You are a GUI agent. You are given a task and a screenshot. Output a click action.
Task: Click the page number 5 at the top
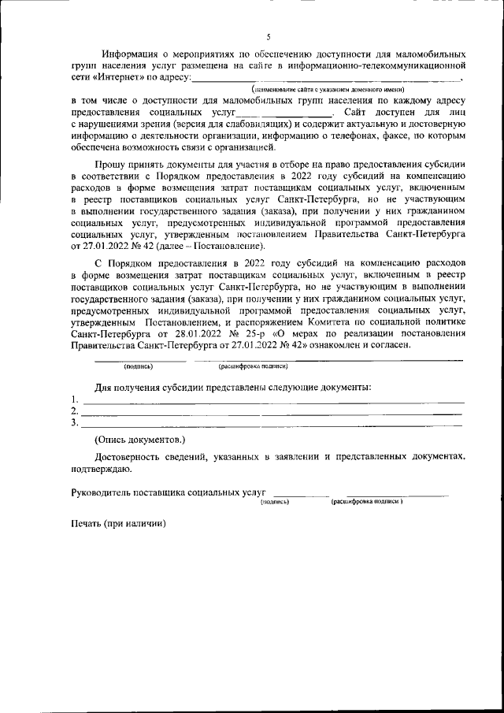pos(269,36)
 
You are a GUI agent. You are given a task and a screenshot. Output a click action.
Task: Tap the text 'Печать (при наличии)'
pos(118,524)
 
